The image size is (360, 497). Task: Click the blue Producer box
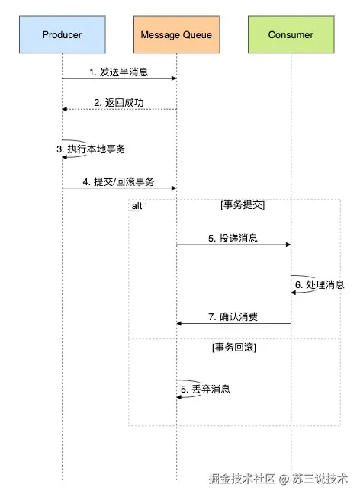tap(62, 36)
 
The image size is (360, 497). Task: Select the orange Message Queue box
tap(177, 36)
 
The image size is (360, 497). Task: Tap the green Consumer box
tap(291, 36)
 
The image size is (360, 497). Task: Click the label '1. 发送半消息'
tap(118, 72)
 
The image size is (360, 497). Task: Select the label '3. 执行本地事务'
tap(91, 149)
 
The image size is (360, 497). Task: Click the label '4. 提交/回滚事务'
tap(118, 182)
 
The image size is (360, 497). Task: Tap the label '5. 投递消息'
tap(233, 239)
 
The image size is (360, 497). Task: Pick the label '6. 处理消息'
tap(320, 284)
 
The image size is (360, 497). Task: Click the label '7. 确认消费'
tap(233, 316)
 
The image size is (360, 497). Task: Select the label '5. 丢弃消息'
tap(206, 389)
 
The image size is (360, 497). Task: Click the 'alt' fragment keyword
tap(137, 207)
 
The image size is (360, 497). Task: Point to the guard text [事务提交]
tap(243, 206)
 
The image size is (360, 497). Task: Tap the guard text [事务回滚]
tap(234, 348)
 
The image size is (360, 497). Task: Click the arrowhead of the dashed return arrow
tap(66, 110)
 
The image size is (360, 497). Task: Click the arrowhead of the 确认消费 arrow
tap(181, 324)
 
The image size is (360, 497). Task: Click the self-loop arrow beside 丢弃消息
tap(191, 388)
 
